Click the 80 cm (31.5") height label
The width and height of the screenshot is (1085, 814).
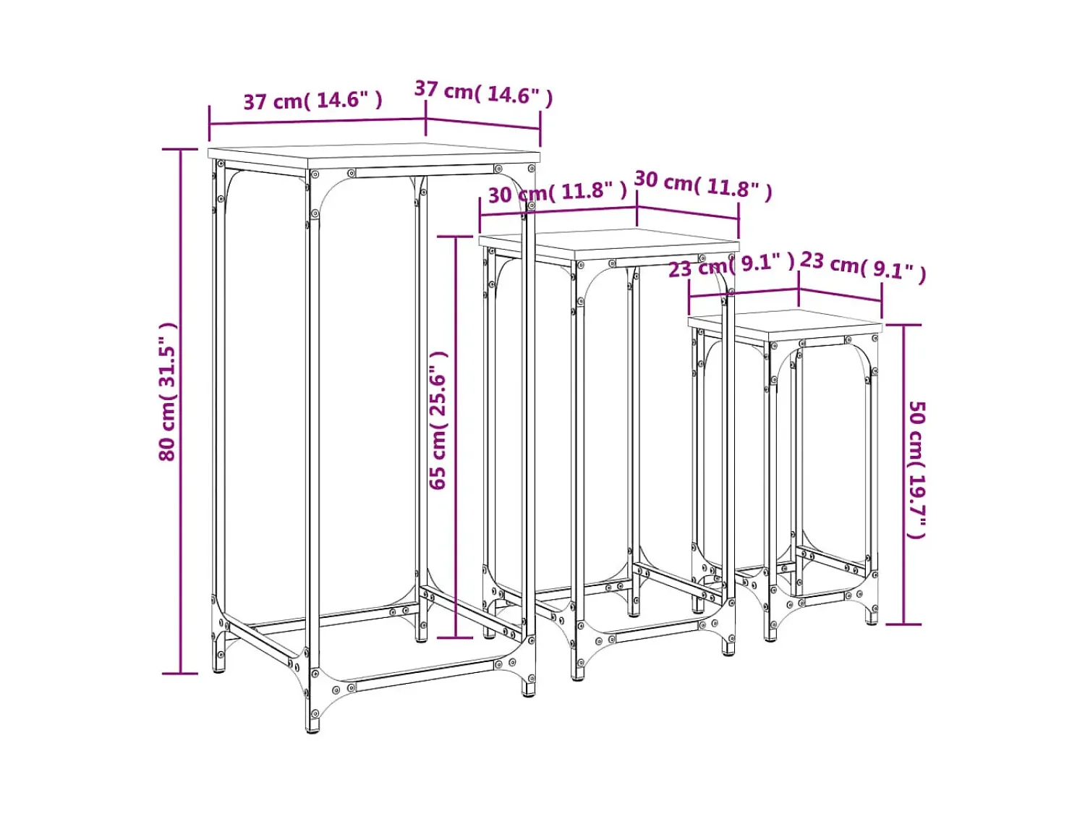tap(167, 391)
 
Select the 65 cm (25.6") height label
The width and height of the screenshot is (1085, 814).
tap(438, 420)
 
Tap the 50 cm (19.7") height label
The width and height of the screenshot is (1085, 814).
tap(916, 470)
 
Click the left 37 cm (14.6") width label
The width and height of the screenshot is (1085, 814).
tap(313, 101)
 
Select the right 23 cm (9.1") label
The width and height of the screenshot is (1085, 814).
tap(862, 268)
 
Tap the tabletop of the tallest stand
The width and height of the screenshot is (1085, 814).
tap(374, 155)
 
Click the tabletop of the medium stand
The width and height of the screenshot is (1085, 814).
tap(609, 244)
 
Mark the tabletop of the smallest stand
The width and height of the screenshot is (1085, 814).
tap(785, 324)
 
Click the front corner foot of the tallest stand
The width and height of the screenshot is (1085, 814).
tap(312, 727)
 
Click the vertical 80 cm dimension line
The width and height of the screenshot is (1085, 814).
tap(180, 411)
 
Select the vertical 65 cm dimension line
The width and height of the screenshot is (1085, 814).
tap(456, 437)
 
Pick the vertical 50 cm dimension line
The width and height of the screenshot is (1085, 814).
tap(903, 475)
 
